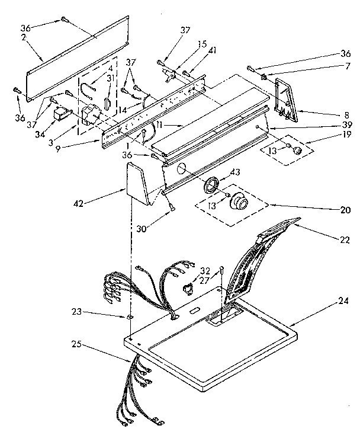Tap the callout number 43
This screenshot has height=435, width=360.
tap(235, 172)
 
